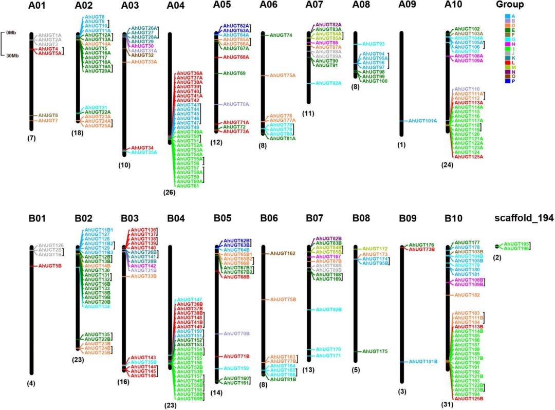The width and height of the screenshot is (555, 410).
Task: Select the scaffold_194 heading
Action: coord(524,218)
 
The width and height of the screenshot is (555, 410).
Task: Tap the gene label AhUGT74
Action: coord(281,35)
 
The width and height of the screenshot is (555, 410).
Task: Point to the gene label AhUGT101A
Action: coord(422,121)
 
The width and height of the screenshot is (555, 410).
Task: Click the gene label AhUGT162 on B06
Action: coord(283,253)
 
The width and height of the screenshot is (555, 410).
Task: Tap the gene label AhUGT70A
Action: coord(235,104)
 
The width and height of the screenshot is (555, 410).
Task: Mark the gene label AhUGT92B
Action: coord(329,309)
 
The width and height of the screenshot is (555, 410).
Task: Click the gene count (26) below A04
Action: coord(170,193)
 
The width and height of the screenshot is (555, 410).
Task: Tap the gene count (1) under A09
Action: coord(401,145)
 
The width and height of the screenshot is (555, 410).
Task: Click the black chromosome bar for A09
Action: coord(401,82)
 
